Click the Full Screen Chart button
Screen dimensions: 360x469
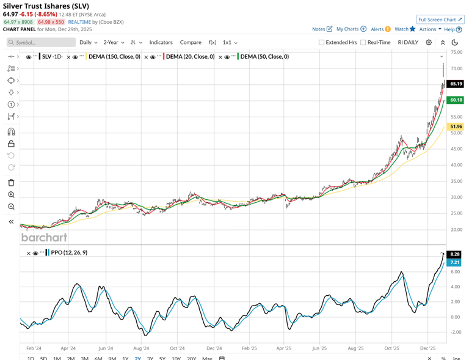[440, 20]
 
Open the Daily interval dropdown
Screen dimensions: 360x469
[88, 43]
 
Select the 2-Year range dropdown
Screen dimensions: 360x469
[114, 43]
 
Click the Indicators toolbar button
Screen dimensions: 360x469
[161, 43]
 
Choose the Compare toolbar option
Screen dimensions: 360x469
[191, 43]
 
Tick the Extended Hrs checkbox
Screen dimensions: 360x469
[322, 43]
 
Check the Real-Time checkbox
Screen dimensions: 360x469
[363, 43]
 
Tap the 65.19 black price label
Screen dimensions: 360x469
[456, 84]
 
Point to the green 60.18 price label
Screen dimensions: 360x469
[456, 100]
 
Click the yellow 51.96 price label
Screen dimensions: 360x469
[456, 127]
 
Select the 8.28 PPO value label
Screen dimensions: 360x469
[454, 254]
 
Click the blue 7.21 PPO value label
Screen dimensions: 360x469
[454, 262]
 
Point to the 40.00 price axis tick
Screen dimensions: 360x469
[456, 165]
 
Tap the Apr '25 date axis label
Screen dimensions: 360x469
[284, 348]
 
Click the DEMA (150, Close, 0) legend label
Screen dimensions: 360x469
[114, 57]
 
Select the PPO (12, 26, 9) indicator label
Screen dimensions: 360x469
[69, 252]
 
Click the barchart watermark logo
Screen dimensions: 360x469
[44, 237]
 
